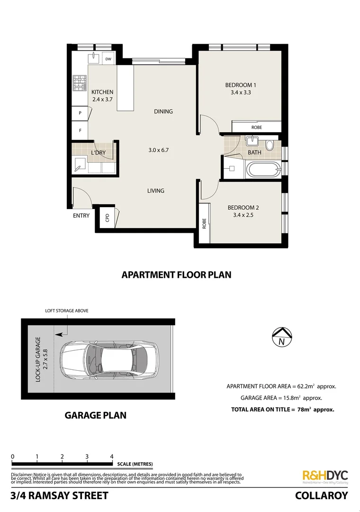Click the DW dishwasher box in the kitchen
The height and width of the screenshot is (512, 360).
pos(108,59)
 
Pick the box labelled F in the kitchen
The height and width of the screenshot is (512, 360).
pos(80,129)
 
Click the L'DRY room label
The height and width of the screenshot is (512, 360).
pos(98,153)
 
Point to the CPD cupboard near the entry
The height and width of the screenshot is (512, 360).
pos(108,218)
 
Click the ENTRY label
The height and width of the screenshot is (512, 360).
pos(81,216)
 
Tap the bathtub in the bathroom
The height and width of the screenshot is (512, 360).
pos(263,170)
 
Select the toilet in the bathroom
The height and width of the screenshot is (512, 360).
pos(270,145)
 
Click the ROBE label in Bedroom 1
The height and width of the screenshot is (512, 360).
pos(256,128)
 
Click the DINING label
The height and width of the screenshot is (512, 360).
pos(163,111)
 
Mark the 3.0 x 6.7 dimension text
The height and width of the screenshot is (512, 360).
pos(158,150)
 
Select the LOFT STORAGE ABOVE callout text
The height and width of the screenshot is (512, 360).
pos(67,311)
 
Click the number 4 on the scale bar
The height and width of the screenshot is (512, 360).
pos(112,457)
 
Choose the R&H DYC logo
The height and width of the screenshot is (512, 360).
pos(325,476)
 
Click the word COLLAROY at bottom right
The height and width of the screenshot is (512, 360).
pos(321,496)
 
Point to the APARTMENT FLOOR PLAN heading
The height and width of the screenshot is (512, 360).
pos(176,274)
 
